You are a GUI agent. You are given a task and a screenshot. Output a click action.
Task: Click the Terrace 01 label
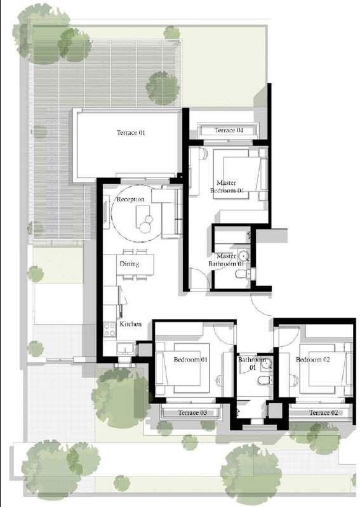click(131, 133)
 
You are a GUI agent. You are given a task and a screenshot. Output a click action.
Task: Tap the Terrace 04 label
click(229, 130)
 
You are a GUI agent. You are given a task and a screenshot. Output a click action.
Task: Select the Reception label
click(131, 199)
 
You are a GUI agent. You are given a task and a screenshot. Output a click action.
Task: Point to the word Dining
click(130, 264)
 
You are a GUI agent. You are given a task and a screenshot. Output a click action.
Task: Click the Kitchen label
click(131, 324)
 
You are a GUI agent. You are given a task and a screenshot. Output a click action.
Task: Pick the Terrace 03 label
click(192, 413)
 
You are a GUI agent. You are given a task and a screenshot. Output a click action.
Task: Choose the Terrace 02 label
click(323, 413)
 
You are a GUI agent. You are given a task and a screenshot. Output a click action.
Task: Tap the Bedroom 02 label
click(313, 360)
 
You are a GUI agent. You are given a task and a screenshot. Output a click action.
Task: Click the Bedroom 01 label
click(190, 360)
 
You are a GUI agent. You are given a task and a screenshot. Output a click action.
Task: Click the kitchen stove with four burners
click(110, 330)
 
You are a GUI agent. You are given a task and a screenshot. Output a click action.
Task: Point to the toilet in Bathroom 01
click(265, 380)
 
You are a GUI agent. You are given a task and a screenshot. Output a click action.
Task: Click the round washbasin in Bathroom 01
click(267, 364)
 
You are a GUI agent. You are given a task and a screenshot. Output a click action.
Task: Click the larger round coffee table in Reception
click(145, 227)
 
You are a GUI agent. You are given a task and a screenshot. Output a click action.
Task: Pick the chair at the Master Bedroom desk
click(204, 154)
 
